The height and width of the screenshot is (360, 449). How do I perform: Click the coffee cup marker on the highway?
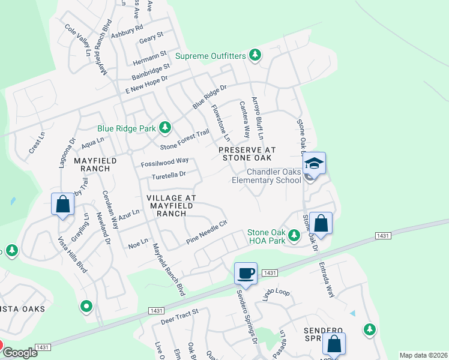(246, 274)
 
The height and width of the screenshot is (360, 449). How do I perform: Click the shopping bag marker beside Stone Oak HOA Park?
(321, 223)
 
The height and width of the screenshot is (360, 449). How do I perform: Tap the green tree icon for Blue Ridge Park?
(164, 128)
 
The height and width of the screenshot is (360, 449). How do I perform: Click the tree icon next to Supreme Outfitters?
(255, 56)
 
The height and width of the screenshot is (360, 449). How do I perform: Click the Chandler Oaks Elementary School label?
(267, 176)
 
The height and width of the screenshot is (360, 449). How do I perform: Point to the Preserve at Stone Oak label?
(247, 154)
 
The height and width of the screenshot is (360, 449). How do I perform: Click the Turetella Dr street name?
(168, 175)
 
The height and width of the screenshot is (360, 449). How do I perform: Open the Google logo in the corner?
(20, 353)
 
